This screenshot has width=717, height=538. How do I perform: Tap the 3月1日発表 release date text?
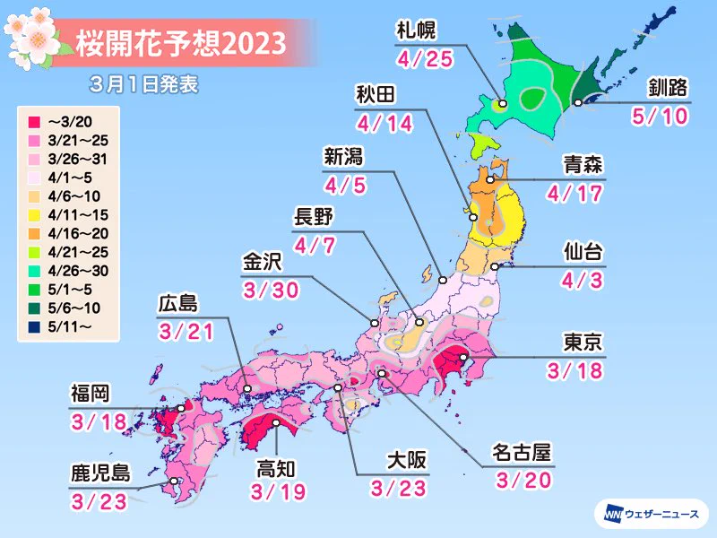143,85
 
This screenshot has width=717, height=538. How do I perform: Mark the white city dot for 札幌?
503,104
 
